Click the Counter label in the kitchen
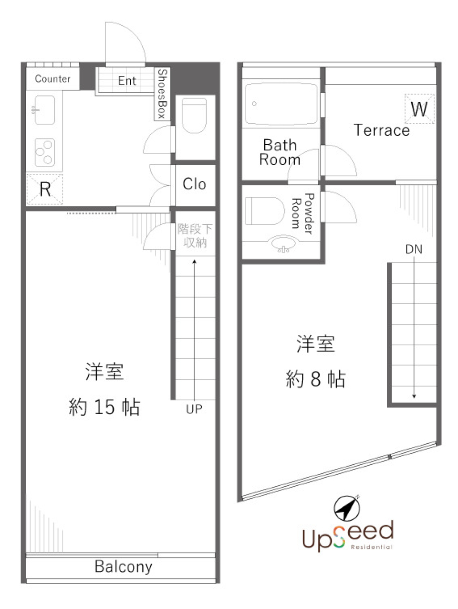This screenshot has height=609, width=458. [x=52, y=79]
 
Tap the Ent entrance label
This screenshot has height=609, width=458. [x=127, y=81]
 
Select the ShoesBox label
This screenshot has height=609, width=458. [x=163, y=94]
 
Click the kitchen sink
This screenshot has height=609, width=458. [x=44, y=110]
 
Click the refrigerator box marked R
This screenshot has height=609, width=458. [x=45, y=189]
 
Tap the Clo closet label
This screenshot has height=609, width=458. [x=194, y=184]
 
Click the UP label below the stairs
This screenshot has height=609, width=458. [x=194, y=409]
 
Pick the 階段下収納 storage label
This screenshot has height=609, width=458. [x=195, y=235]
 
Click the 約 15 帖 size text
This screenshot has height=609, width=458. [x=104, y=407]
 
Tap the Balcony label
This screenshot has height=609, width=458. [x=124, y=566]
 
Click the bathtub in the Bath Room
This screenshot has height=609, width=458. [x=281, y=105]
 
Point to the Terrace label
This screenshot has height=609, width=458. [x=382, y=130]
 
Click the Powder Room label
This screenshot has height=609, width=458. [x=302, y=213]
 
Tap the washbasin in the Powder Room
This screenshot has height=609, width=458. [x=283, y=245]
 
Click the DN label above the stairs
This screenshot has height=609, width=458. [x=414, y=249]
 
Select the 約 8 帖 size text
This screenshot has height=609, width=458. [x=315, y=379]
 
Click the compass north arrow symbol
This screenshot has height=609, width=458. [x=347, y=508]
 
